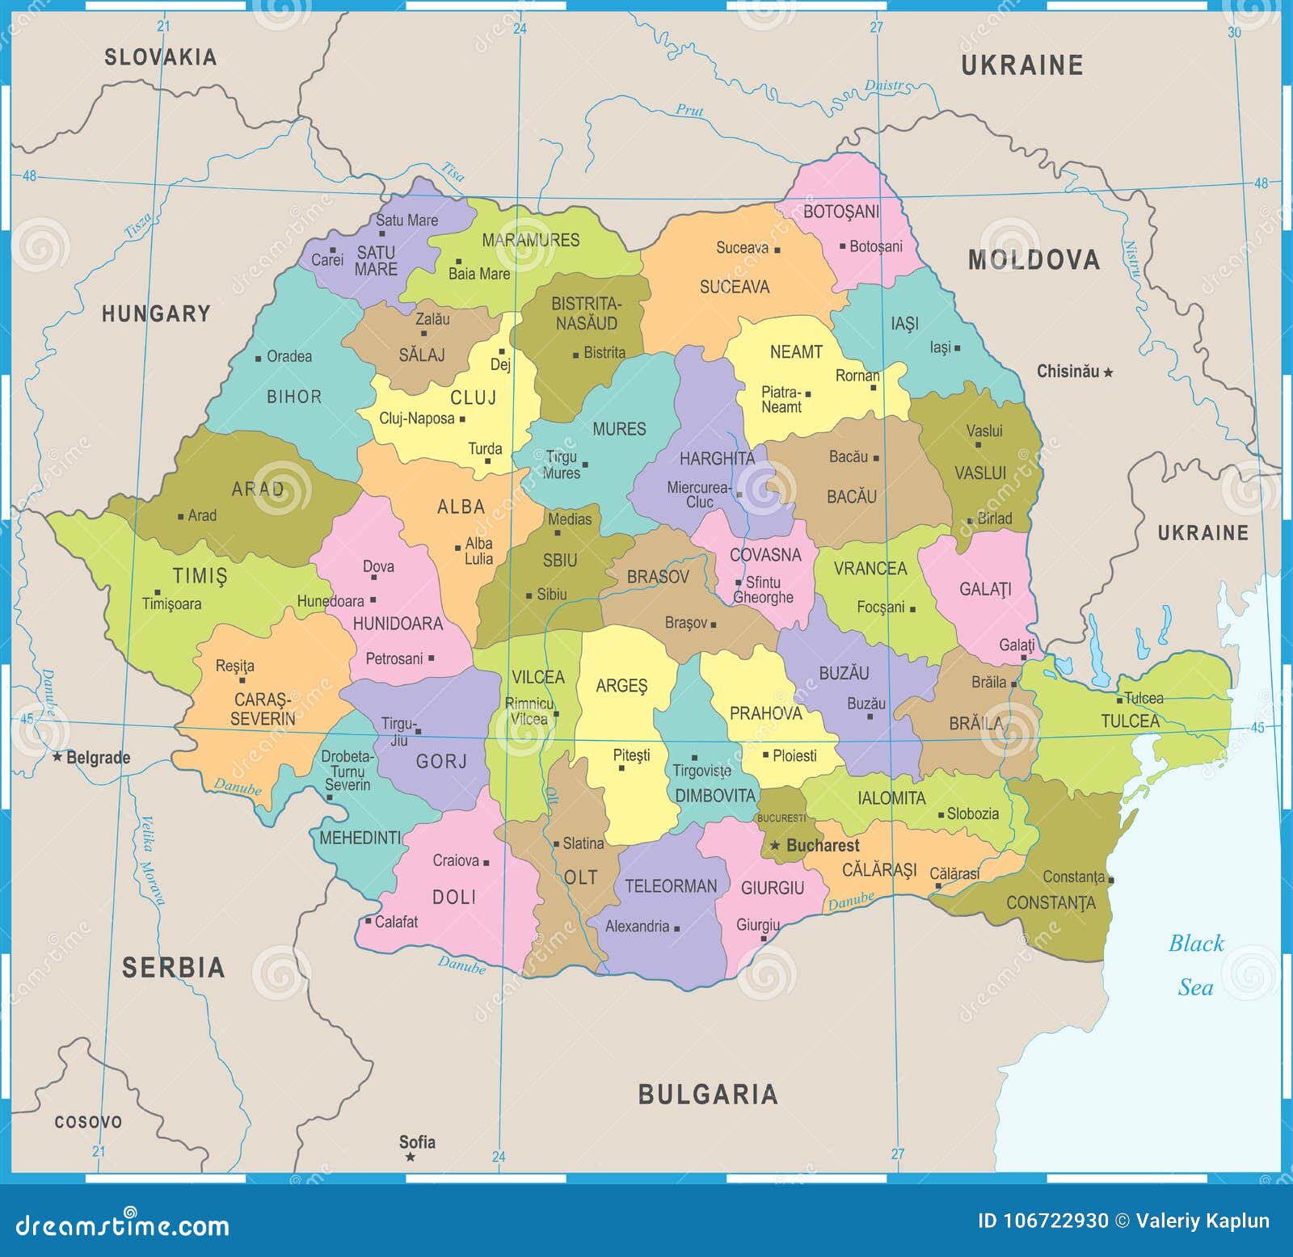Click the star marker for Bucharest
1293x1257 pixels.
[x=774, y=845]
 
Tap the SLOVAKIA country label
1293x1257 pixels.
[x=160, y=57]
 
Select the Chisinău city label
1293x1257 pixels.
[x=1068, y=372]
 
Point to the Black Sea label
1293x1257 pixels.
[x=1196, y=965]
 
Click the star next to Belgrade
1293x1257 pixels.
[x=57, y=757]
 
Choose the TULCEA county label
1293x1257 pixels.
[x=1130, y=721]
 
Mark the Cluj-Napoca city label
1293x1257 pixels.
[x=417, y=418]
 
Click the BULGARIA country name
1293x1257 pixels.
[x=708, y=1095]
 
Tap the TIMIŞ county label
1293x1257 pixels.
[x=200, y=575]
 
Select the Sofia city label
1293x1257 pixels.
[x=417, y=1141]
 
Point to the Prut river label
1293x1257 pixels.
[x=689, y=110]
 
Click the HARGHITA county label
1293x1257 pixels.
[x=717, y=458]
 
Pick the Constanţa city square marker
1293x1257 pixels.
[x=1111, y=880]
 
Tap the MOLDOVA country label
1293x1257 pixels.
[x=1034, y=259]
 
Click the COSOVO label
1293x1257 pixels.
[x=88, y=1122]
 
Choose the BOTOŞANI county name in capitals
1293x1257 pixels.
[x=840, y=212]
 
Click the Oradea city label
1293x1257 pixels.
[x=289, y=356]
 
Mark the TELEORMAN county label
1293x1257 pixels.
[x=671, y=886]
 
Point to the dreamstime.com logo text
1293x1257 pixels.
[x=123, y=1225]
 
